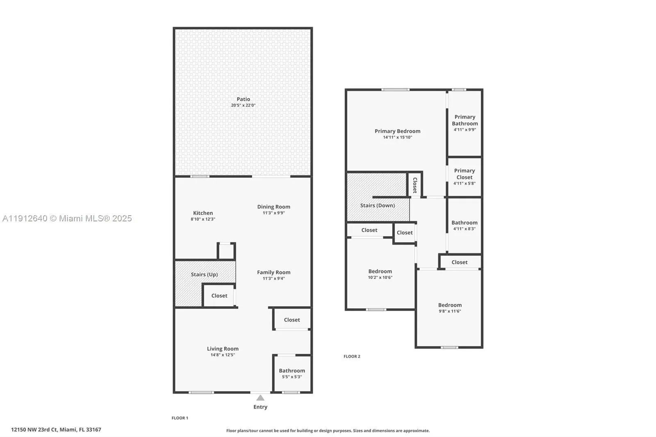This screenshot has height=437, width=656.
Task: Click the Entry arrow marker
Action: click(x=260, y=398)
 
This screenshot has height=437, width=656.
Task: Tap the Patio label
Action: click(x=243, y=99)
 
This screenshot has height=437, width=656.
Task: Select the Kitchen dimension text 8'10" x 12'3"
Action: click(x=203, y=219)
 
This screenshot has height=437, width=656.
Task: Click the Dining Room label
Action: click(x=273, y=207)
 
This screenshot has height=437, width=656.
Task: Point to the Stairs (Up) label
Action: click(x=204, y=274)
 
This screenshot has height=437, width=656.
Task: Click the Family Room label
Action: click(x=273, y=272)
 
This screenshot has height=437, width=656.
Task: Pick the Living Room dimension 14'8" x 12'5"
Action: click(x=223, y=355)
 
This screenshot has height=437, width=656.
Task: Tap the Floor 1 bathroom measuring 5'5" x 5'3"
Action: click(x=292, y=373)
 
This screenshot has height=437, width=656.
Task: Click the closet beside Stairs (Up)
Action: click(x=219, y=296)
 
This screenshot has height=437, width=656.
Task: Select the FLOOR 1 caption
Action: click(x=180, y=418)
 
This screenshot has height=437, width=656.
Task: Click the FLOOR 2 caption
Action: click(x=352, y=357)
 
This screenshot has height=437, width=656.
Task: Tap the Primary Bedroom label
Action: click(x=397, y=131)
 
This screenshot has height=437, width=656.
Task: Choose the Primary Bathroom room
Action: click(x=465, y=123)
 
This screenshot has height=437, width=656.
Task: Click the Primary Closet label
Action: click(x=464, y=174)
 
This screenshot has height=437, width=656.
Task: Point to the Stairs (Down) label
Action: click(x=377, y=205)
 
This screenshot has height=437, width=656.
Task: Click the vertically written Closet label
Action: click(x=415, y=185)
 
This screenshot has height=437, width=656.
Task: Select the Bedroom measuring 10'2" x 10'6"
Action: click(x=380, y=274)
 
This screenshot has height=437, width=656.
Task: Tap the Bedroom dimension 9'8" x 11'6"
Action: click(x=450, y=311)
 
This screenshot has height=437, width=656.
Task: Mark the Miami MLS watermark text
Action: click(x=67, y=218)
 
